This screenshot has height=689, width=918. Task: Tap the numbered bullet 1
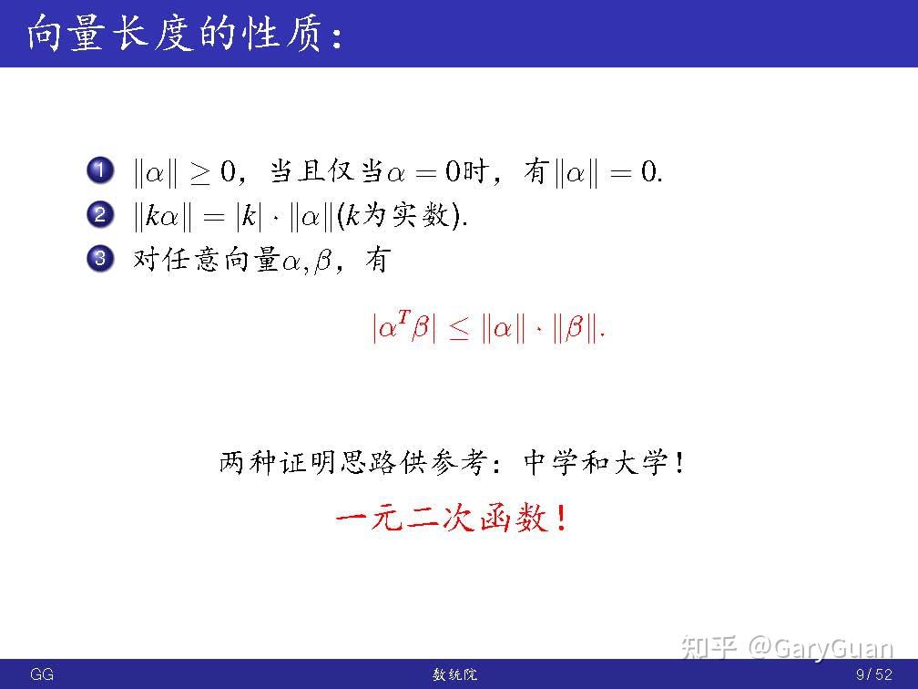[x=100, y=170]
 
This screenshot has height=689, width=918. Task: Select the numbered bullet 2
[x=100, y=214]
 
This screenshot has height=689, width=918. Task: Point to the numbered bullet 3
[x=100, y=259]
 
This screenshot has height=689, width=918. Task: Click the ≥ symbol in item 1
[x=200, y=173]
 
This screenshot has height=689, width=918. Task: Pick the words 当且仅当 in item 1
[x=326, y=171]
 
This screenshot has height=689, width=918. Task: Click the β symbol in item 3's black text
[x=323, y=260]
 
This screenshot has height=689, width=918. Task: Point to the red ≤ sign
[x=459, y=328]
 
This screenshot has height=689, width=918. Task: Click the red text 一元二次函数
[x=442, y=518]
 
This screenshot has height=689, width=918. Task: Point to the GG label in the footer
[x=42, y=674]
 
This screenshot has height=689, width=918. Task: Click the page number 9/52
[x=874, y=674]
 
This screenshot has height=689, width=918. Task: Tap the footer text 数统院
[x=455, y=674]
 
